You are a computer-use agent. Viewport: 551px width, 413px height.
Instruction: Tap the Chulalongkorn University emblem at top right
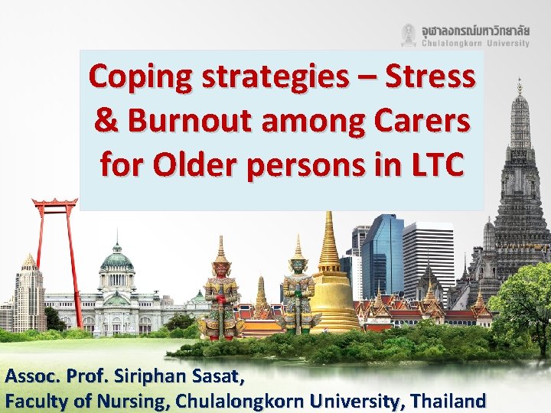tap(409, 34)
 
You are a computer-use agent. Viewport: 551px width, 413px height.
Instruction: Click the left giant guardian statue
tap(220, 294)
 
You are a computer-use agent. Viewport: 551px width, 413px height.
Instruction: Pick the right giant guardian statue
tap(297, 291)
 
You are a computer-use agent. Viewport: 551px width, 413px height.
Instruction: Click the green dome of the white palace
tap(116, 260)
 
